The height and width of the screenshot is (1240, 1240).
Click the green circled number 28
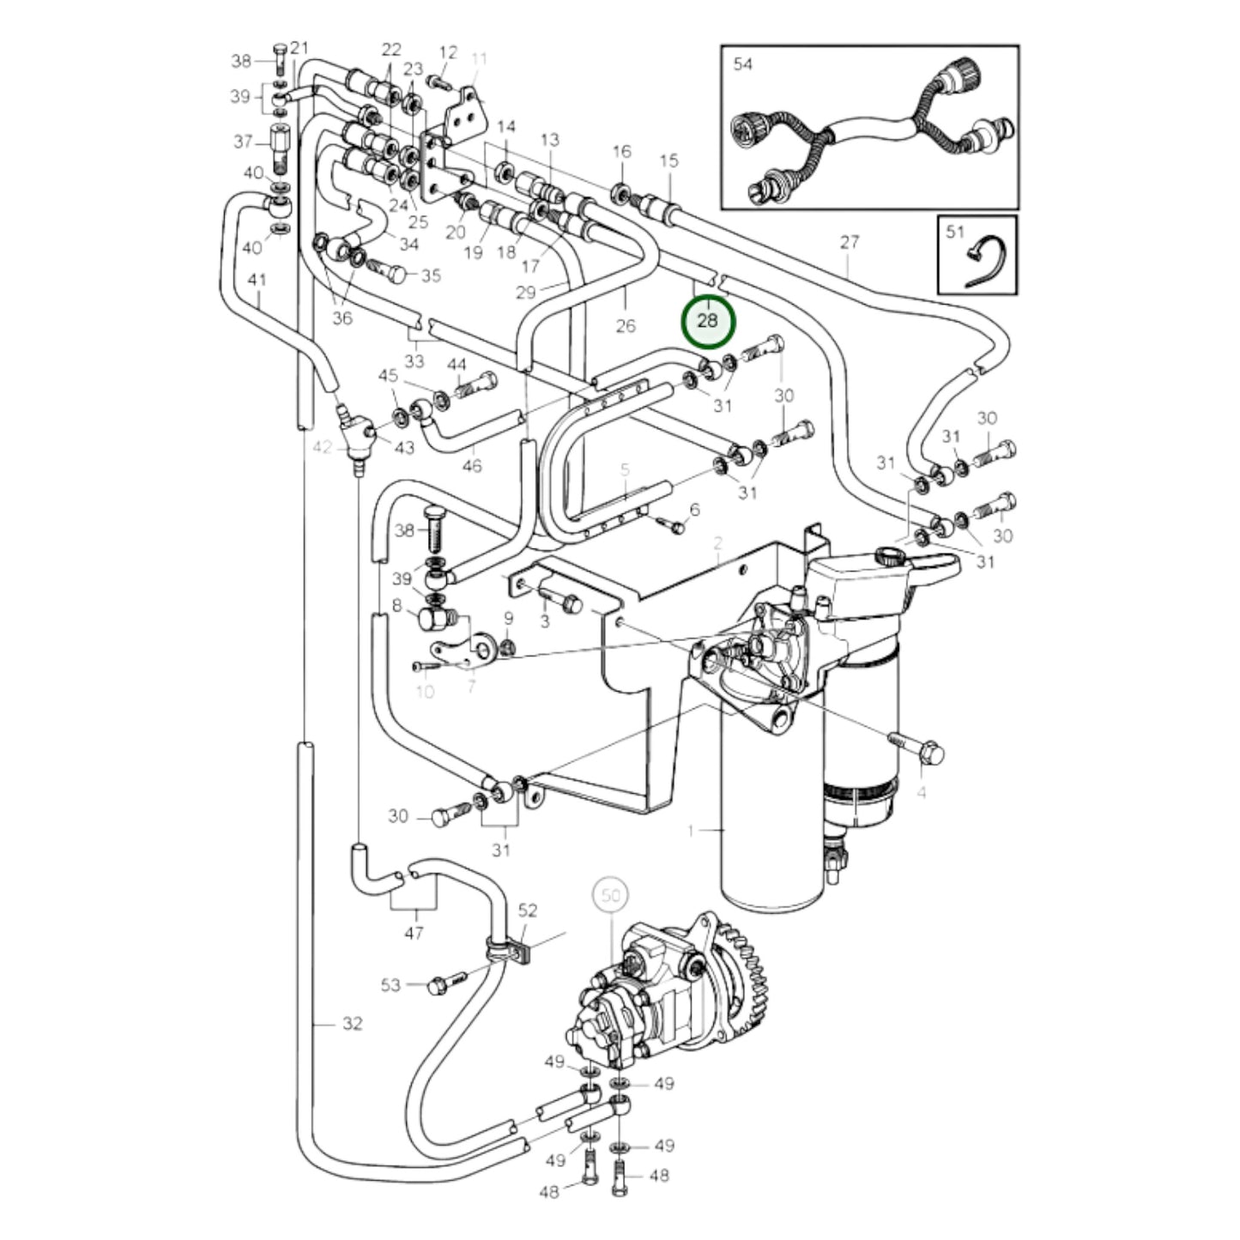(708, 322)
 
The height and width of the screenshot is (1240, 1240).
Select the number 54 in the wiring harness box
(742, 64)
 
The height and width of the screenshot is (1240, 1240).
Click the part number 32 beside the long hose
(352, 1023)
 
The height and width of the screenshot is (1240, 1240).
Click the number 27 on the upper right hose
(849, 242)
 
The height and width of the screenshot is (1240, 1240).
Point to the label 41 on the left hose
(257, 280)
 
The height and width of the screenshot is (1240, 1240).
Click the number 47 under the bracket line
(414, 932)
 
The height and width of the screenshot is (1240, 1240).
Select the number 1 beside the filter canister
(692, 830)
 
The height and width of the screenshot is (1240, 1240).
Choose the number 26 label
(626, 325)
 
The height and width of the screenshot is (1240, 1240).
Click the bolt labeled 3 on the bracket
(562, 601)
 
